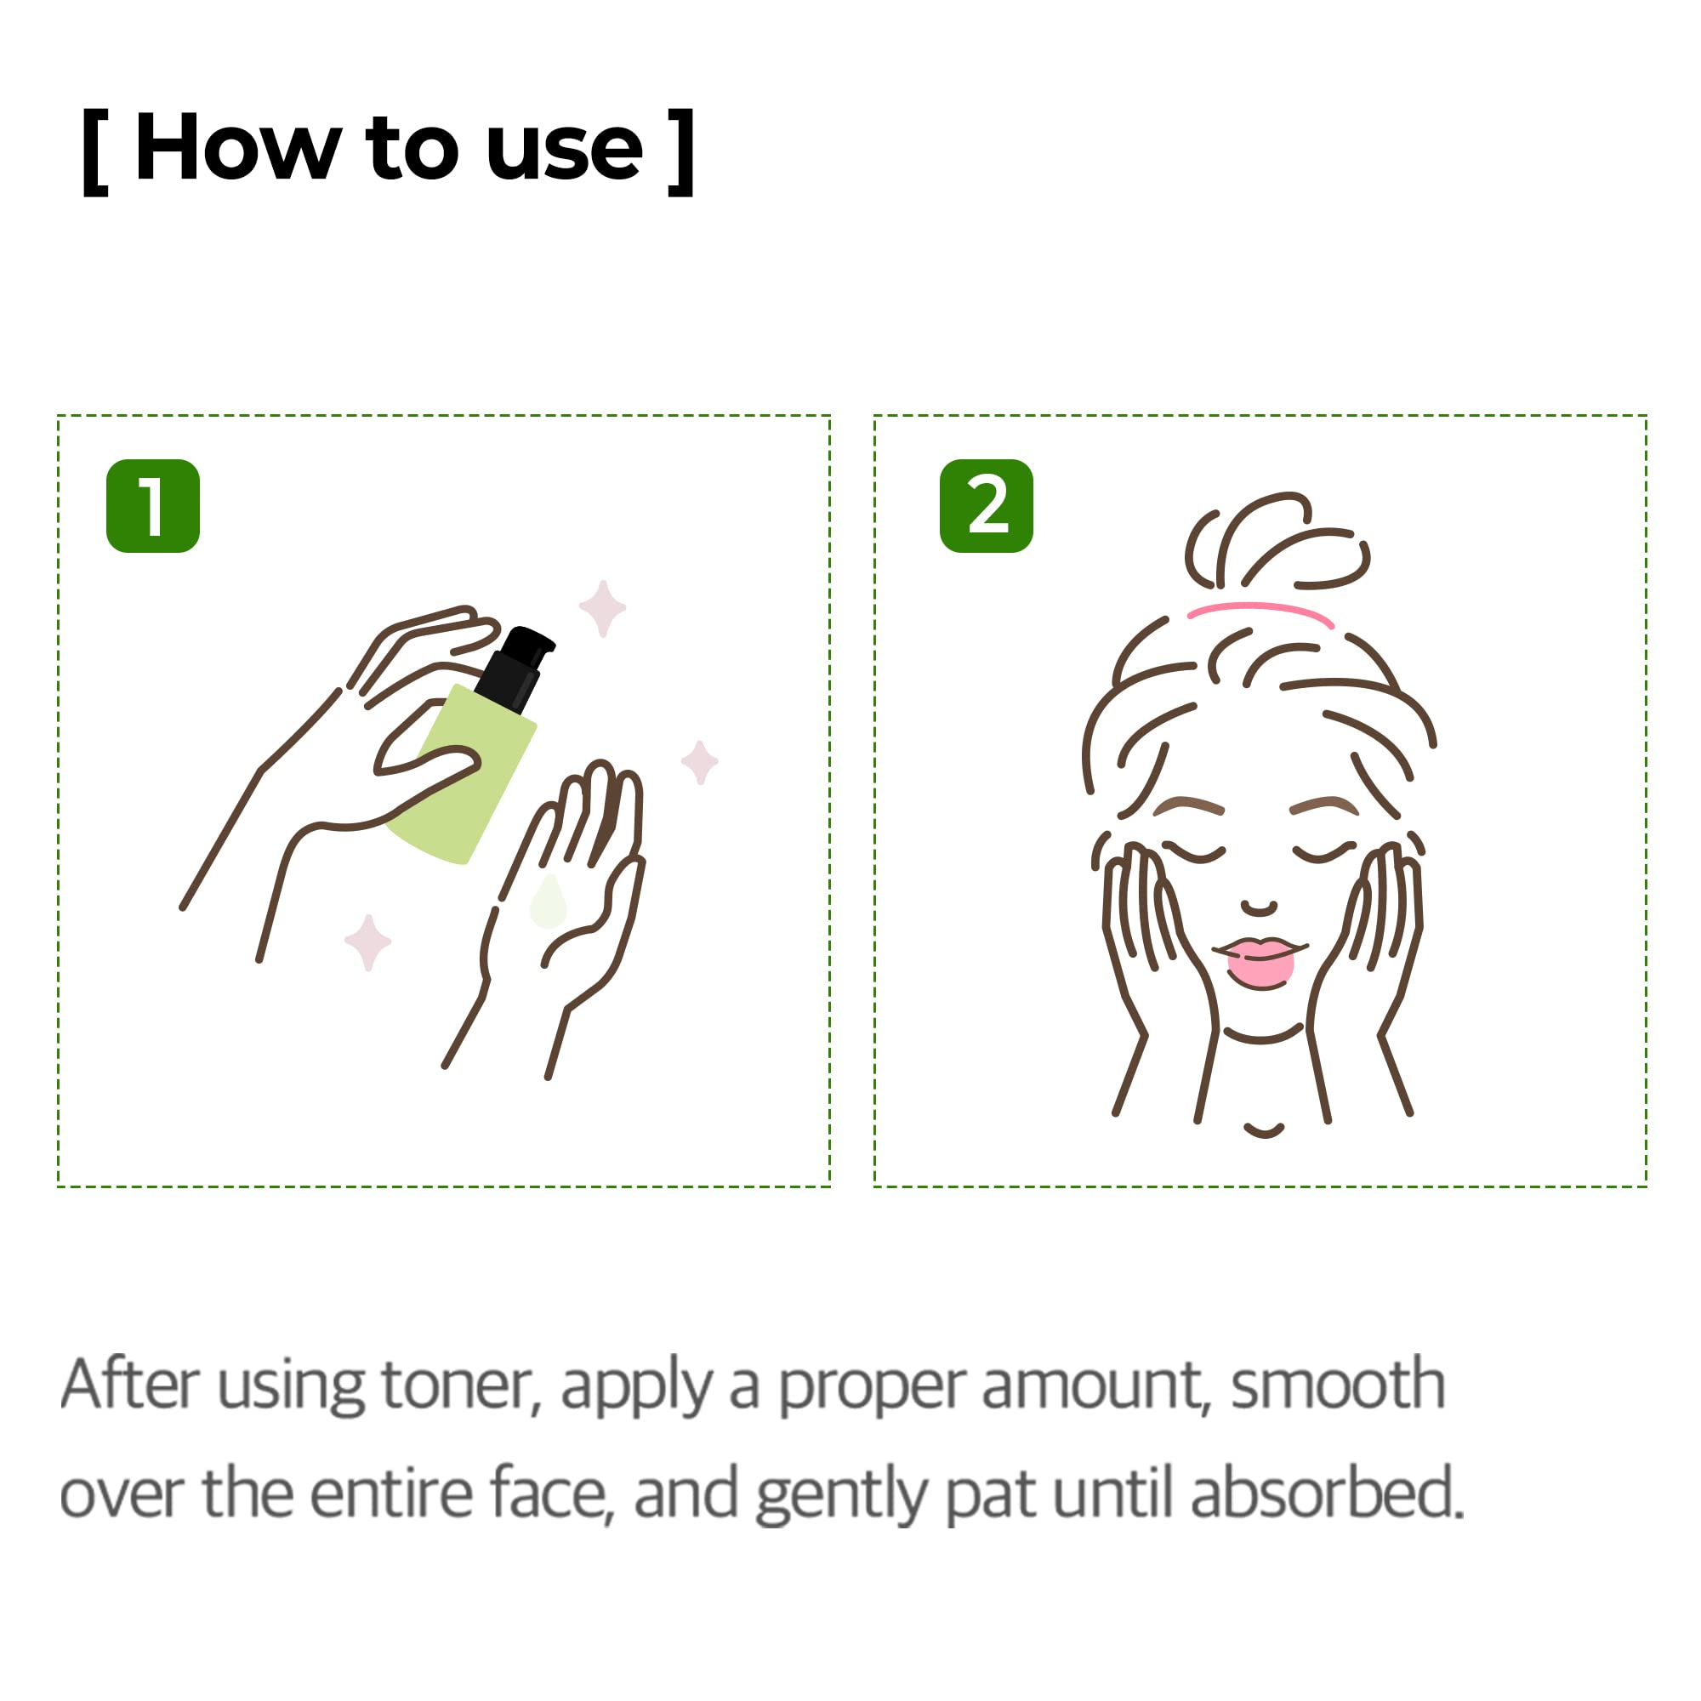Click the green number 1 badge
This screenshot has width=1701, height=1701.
[152, 506]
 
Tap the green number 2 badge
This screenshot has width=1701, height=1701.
[986, 506]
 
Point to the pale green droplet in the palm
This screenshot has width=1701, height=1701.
[548, 903]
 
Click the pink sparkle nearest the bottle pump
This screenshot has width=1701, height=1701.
[602, 607]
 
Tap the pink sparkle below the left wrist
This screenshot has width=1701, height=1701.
[368, 942]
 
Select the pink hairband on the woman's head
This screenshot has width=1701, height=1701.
[1260, 609]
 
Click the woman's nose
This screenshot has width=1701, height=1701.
[1259, 907]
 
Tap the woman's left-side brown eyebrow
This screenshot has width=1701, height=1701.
[1189, 805]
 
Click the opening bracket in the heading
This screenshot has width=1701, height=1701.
[95, 151]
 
